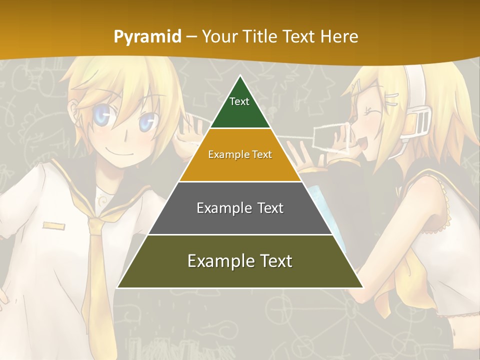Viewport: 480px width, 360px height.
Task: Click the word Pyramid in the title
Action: [x=147, y=37]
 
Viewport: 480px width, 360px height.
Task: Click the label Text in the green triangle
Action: [x=239, y=101]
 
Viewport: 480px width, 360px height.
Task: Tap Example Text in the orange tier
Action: [x=240, y=154]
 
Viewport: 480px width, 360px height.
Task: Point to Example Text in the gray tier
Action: [x=240, y=208]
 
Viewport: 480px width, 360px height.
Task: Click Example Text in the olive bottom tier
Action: [x=240, y=261]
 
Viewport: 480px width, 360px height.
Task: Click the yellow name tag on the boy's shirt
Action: [x=53, y=226]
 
